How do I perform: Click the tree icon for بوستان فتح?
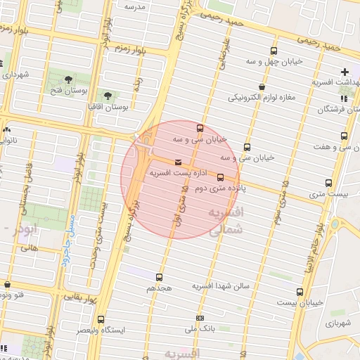pos(68,79)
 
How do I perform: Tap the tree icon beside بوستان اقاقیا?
pos(108,96)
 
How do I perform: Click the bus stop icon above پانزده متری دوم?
pos(220,177)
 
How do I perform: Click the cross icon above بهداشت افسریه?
pos(345,72)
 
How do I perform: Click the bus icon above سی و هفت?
pos(344,136)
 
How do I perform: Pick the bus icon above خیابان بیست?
pos(300,292)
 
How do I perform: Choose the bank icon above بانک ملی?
pos(200,318)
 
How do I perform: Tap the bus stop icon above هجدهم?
pos(159,277)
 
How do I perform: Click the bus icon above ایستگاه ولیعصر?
pos(101,319)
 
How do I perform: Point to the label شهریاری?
pos(337,324)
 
